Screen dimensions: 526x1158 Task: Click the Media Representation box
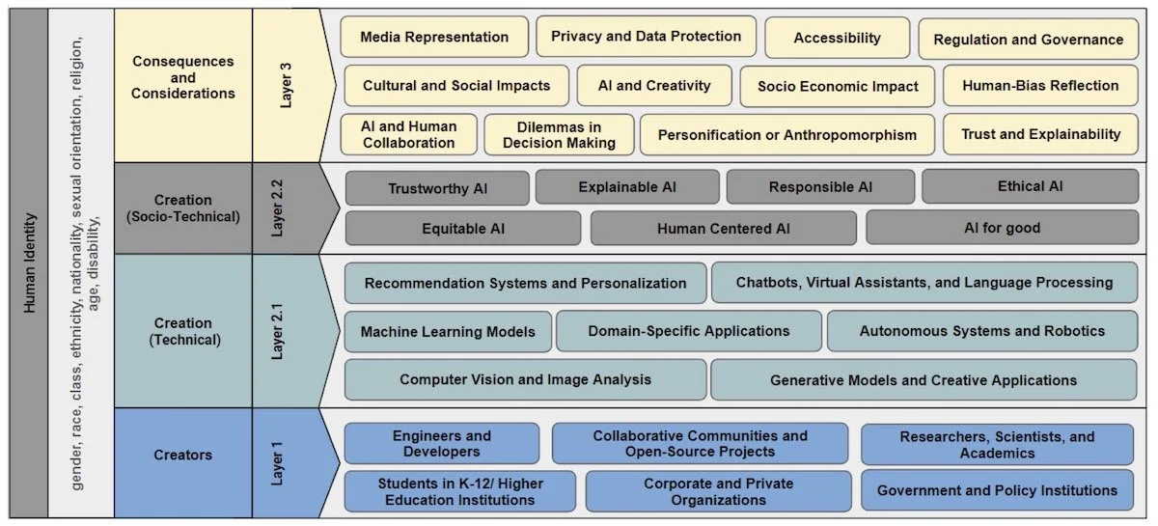click(x=434, y=38)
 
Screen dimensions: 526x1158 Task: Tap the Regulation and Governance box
click(x=1028, y=40)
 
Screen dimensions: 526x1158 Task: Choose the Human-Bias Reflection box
click(x=1040, y=85)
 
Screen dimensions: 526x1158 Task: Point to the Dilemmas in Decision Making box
click(x=559, y=134)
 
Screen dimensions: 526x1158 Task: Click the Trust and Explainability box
click(x=1040, y=134)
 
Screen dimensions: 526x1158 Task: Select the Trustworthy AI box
click(x=437, y=188)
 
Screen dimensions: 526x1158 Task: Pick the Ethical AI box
click(x=1030, y=186)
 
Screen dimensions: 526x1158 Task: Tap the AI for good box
click(x=1002, y=228)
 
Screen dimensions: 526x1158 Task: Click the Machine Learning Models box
click(x=448, y=331)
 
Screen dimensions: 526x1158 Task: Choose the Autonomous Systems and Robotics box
click(x=981, y=330)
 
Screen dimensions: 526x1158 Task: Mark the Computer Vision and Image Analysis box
click(x=525, y=379)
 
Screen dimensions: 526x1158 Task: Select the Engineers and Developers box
click(x=442, y=444)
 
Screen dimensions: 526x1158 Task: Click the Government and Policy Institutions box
click(x=997, y=490)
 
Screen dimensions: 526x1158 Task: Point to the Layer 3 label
click(x=286, y=85)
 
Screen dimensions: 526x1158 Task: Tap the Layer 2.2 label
click(x=278, y=208)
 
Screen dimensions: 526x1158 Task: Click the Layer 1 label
click(x=278, y=462)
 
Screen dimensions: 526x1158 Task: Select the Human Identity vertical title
click(x=29, y=263)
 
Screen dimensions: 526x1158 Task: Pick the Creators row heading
click(x=182, y=455)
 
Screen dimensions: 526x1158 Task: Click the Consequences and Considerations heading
click(x=182, y=77)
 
